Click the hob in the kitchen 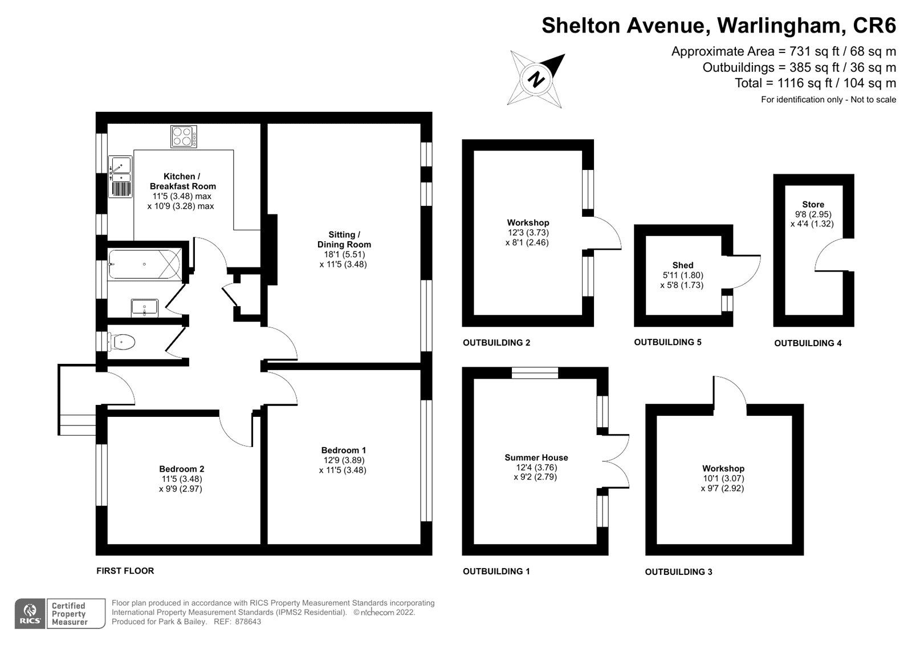point(184,136)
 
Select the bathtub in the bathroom point(144,265)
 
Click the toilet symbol point(122,342)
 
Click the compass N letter point(536,79)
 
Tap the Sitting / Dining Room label point(344,240)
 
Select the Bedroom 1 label point(343,450)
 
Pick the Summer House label point(536,457)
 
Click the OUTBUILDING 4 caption point(808,343)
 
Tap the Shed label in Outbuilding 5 point(682,265)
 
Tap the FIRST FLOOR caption point(125,571)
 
